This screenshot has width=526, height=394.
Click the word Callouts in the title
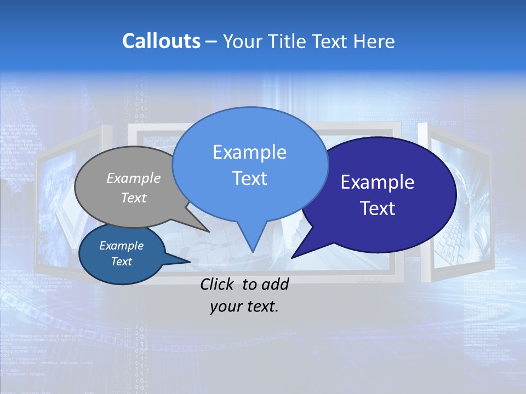click(161, 41)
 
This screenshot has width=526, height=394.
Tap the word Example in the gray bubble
click(134, 178)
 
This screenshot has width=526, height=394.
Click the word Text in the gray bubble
click(134, 198)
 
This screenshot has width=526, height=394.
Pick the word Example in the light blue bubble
click(249, 152)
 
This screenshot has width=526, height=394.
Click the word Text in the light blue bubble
click(249, 178)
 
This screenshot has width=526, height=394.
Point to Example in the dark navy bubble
click(378, 182)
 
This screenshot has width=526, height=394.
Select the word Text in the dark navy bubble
click(378, 208)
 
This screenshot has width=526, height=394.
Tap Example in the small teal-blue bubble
click(121, 246)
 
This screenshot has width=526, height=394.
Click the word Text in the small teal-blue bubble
click(121, 262)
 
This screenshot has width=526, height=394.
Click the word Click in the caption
click(218, 284)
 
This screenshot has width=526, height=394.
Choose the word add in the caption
click(275, 284)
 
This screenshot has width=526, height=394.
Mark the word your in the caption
click(226, 306)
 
